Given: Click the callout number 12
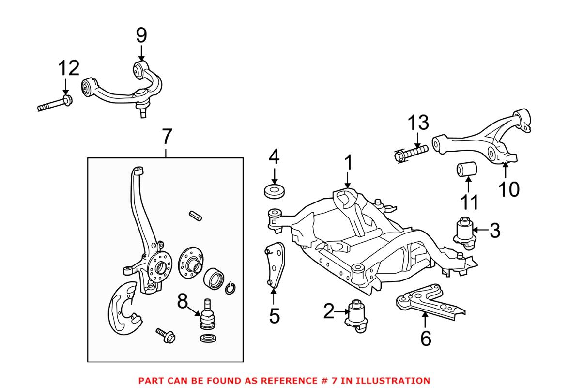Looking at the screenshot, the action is (x=69, y=69).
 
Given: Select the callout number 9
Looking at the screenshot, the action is (x=141, y=35).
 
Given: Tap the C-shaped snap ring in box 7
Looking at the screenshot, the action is (x=230, y=287).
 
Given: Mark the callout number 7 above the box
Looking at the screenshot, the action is (x=166, y=138).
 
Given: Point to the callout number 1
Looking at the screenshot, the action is (x=348, y=163).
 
